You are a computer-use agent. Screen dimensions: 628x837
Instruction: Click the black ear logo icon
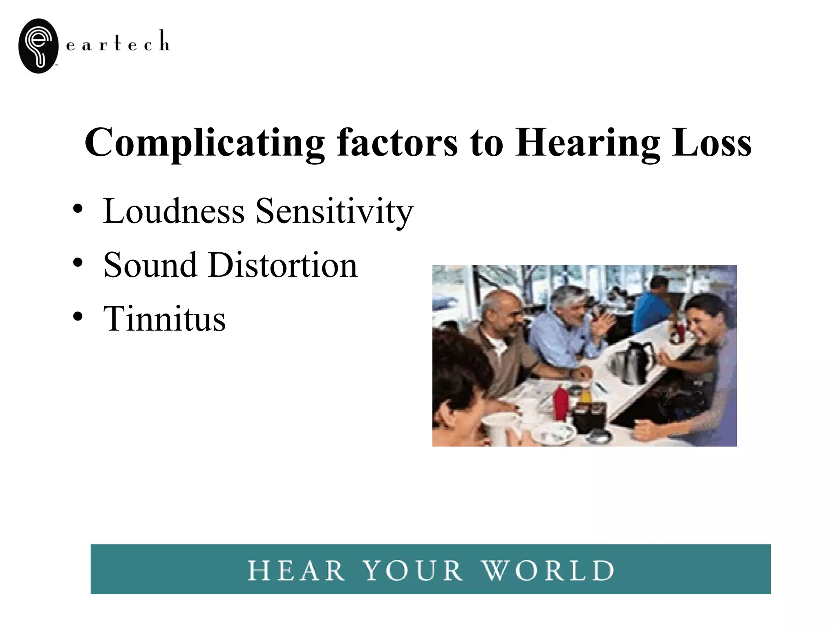tap(39, 46)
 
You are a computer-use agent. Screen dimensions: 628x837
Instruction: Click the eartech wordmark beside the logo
tap(117, 42)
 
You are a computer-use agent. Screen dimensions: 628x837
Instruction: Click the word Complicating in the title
tap(204, 143)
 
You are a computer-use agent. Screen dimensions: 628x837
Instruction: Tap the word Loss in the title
tap(711, 143)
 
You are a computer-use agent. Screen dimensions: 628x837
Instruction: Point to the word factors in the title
tap(397, 143)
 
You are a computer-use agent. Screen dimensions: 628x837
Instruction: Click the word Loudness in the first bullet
tap(174, 211)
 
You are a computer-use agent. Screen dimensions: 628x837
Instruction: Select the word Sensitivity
tap(334, 212)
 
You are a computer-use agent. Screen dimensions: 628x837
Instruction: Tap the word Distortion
tap(283, 265)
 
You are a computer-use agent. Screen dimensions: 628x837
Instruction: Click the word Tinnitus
tap(164, 318)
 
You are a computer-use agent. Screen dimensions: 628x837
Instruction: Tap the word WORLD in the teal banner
tap(548, 570)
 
